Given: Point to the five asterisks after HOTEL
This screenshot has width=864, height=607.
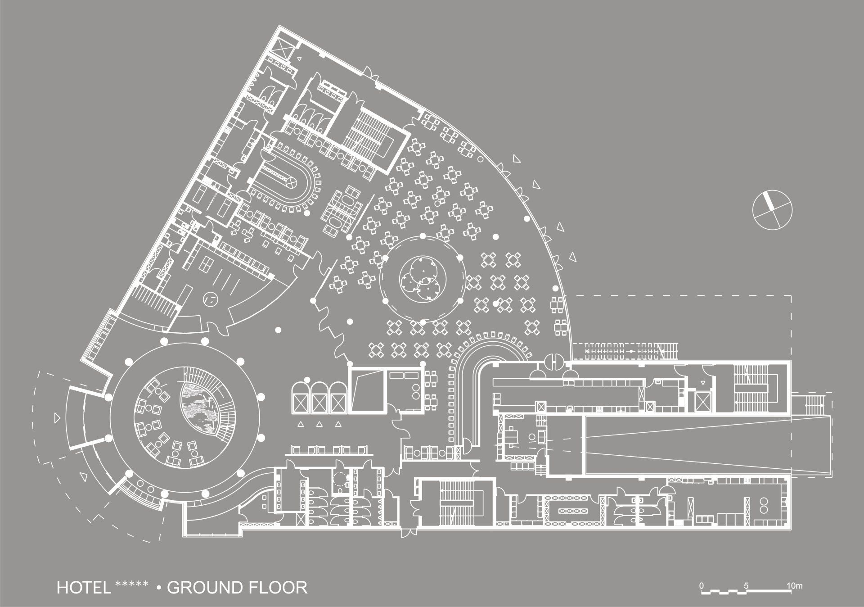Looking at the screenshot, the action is (132, 584).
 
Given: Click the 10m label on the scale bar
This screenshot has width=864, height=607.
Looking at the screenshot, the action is (795, 586).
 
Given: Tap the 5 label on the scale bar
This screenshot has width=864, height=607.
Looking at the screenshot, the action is (746, 586).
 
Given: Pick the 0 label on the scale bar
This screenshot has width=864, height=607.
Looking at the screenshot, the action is (701, 586).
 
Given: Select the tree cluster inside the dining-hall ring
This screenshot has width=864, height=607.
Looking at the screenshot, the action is (420, 278).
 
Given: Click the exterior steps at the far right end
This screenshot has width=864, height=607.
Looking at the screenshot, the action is (810, 400).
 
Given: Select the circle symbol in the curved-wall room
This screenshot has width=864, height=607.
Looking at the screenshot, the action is (210, 298).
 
